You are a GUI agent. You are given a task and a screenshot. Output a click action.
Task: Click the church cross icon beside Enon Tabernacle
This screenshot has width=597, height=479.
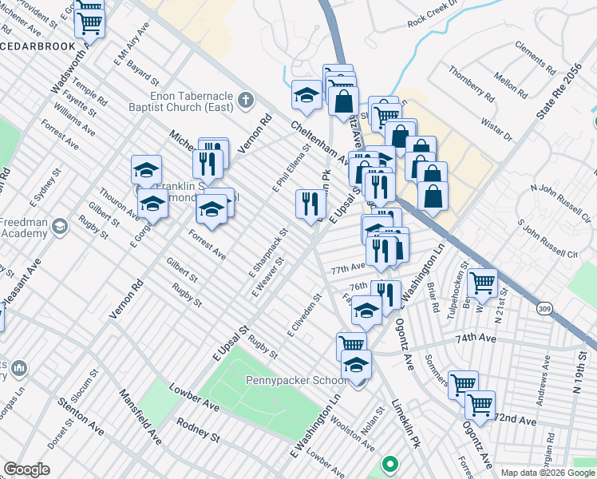tap(246, 101)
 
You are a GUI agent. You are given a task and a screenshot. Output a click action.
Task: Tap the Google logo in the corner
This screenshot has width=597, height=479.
tap(26, 469)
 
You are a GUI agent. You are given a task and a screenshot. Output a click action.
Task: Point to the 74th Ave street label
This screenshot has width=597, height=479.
tap(476, 338)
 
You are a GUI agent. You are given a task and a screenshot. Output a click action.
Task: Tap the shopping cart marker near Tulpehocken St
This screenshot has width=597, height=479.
tap(482, 282)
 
